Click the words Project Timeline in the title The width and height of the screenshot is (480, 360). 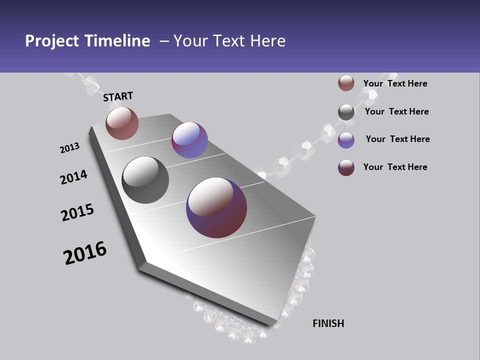coord(87,41)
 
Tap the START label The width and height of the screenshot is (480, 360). coord(118,96)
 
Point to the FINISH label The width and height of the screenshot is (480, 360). coord(328,323)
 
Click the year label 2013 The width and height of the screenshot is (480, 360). coord(69,148)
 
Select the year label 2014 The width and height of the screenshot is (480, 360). coord(73,177)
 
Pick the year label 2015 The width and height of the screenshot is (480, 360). coord(77,212)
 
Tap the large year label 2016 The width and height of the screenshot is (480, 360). coord(85,253)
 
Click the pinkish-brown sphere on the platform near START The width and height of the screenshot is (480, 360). coord(122,123)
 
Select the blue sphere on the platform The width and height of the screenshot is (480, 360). coord(189,140)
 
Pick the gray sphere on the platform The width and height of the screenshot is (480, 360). coord(145,180)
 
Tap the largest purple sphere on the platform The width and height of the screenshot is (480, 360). coord(216,207)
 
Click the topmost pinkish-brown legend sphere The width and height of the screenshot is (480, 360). coord(346,83)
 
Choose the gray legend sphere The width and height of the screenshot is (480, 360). coord(346,112)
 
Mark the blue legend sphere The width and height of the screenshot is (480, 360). coord(346,140)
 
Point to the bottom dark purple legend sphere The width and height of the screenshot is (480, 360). coord(346,167)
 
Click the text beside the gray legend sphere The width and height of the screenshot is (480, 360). coord(396,111)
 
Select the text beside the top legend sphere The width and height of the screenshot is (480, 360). coord(395,83)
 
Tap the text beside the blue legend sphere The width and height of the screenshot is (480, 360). coord(397,139)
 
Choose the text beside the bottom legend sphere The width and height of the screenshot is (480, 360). coord(395,167)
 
